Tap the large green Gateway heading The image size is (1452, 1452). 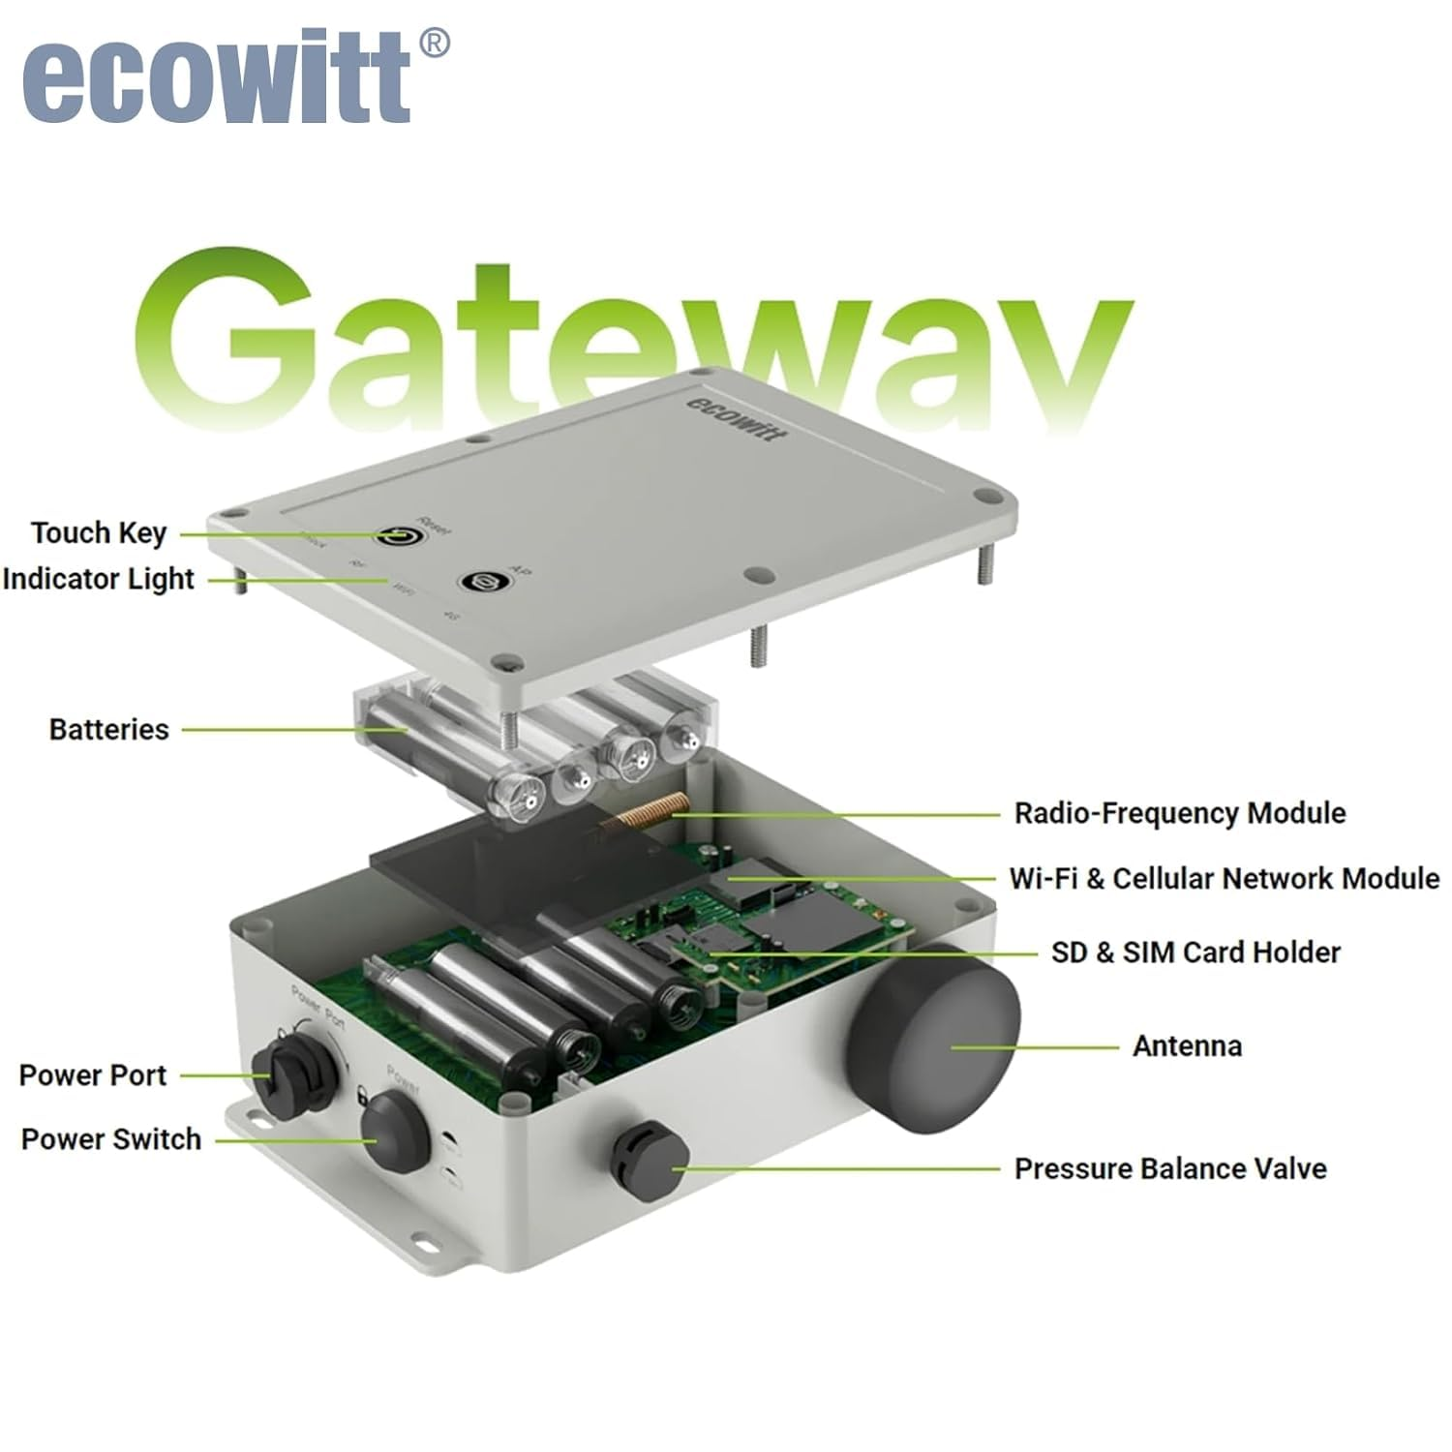point(629,334)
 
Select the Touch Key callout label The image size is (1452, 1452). point(99,532)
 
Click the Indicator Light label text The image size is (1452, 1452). point(99,579)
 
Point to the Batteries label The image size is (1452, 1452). point(108,729)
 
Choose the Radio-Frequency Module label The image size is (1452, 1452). point(1179,813)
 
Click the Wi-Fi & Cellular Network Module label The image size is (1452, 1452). point(1224,878)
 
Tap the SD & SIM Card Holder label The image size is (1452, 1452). point(1195,953)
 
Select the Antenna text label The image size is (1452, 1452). point(1187,1045)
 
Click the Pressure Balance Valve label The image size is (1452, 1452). point(1169,1168)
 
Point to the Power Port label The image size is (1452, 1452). point(93,1074)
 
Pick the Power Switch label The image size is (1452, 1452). point(110,1138)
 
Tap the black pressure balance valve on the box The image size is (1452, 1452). point(649,1159)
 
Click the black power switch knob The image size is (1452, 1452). point(394,1130)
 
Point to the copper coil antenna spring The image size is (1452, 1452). point(644,812)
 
